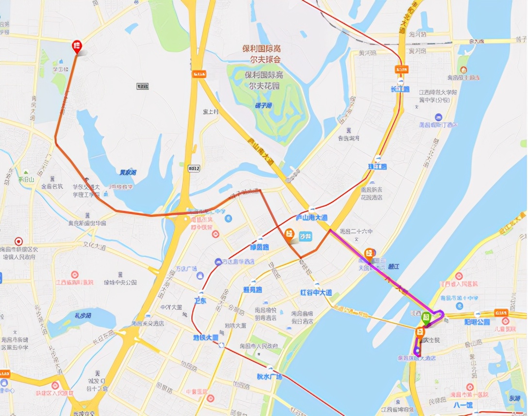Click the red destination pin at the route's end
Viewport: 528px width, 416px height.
tap(77, 47)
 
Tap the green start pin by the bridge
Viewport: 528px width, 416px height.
tap(426, 318)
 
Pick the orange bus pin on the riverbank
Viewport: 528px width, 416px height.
tap(369, 254)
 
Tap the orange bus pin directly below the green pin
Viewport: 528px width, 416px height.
tap(420, 333)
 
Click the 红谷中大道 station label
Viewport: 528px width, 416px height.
tap(315, 293)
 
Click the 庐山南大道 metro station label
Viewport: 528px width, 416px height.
tap(312, 218)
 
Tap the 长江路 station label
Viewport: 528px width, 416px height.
tap(400, 89)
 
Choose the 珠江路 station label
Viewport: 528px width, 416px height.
tap(377, 166)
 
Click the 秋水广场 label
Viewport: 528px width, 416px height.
tap(269, 376)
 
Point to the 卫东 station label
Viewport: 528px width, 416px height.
tap(200, 301)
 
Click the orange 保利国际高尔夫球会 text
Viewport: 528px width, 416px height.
tap(262, 54)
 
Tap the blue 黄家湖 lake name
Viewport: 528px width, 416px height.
tap(128, 172)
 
